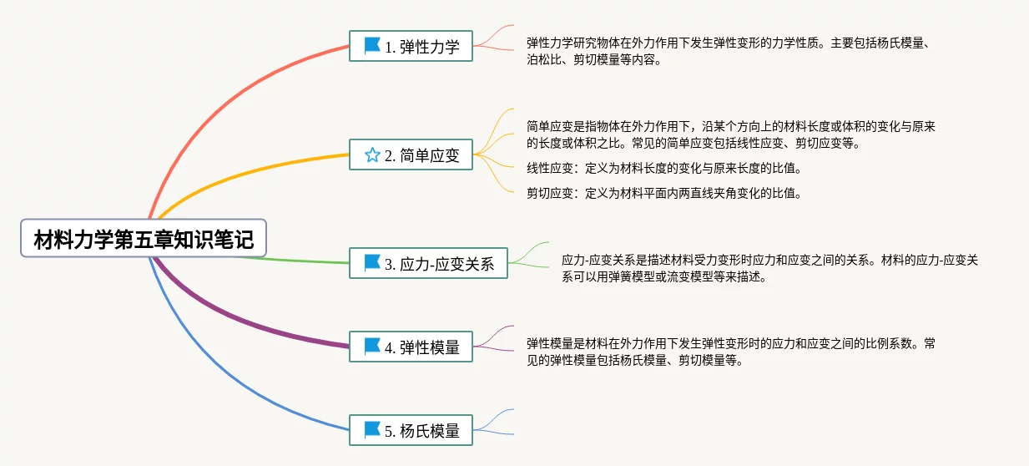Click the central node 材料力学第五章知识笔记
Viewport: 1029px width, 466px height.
point(144,240)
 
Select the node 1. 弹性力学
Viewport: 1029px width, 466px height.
point(411,47)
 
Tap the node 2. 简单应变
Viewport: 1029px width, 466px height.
point(411,154)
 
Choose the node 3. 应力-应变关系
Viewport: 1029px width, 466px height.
point(428,263)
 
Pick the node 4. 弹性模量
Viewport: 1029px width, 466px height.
point(411,347)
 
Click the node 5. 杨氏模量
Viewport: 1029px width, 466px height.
point(411,430)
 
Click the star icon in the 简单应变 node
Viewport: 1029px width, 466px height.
point(372,154)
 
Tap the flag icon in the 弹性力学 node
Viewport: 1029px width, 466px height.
point(372,46)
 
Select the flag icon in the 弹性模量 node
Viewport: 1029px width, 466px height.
point(372,346)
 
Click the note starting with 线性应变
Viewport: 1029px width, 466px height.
point(663,169)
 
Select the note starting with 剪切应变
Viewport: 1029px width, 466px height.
point(663,194)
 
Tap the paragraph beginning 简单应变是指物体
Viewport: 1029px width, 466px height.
point(731,134)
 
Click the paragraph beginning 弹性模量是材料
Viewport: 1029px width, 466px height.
point(731,352)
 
